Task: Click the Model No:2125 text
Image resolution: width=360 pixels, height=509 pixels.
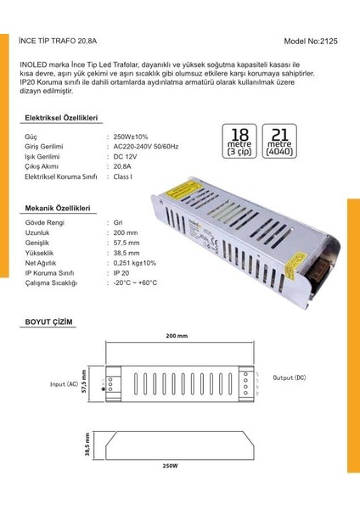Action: pyautogui.click(x=311, y=41)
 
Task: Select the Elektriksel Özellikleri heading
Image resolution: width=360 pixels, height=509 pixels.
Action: pyautogui.click(x=62, y=117)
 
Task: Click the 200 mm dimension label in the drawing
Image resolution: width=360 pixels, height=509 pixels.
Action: pyautogui.click(x=177, y=337)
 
